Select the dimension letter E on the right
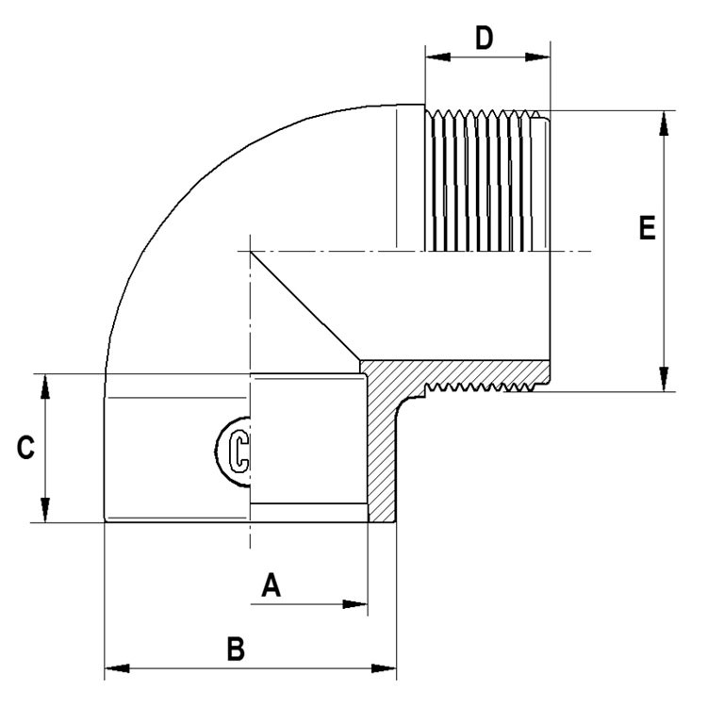point(647,227)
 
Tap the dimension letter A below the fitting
point(271,584)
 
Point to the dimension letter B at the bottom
point(236,649)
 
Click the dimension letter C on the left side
point(25,448)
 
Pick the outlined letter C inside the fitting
point(239,452)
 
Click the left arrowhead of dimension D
point(437,58)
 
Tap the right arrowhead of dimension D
point(538,58)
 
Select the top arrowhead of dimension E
point(664,123)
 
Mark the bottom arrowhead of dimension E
point(664,379)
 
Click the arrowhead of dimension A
point(355,604)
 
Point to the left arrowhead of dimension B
point(117,668)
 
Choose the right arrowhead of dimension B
point(384,668)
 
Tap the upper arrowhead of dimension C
point(45,387)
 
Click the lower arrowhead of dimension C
point(45,510)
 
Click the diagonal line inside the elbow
point(304,306)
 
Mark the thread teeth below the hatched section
point(480,387)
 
